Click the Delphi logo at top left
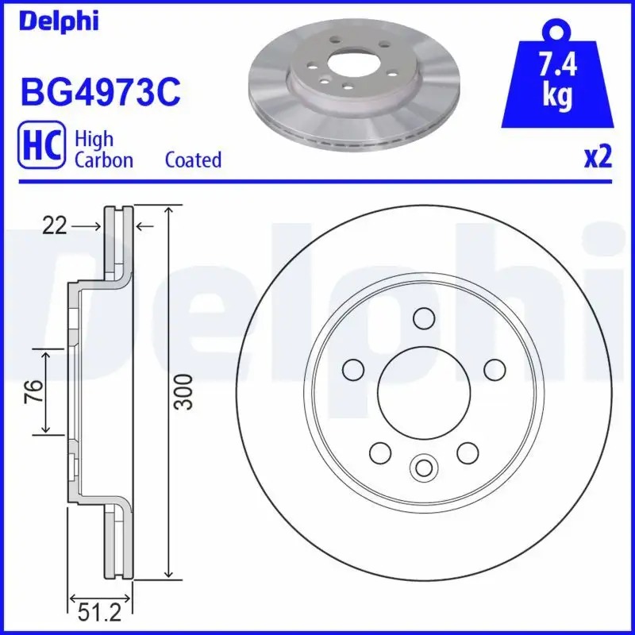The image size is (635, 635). [59, 21]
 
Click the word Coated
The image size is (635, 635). [193, 160]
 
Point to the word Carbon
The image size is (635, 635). [103, 160]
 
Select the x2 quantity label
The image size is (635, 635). [598, 158]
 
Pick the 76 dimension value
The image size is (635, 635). [33, 391]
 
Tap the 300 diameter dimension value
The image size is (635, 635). [184, 391]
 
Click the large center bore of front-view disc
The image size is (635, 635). [421, 391]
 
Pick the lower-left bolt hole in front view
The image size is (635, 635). [379, 453]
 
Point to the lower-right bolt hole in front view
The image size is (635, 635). [467, 452]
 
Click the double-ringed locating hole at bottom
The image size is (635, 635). [421, 467]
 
